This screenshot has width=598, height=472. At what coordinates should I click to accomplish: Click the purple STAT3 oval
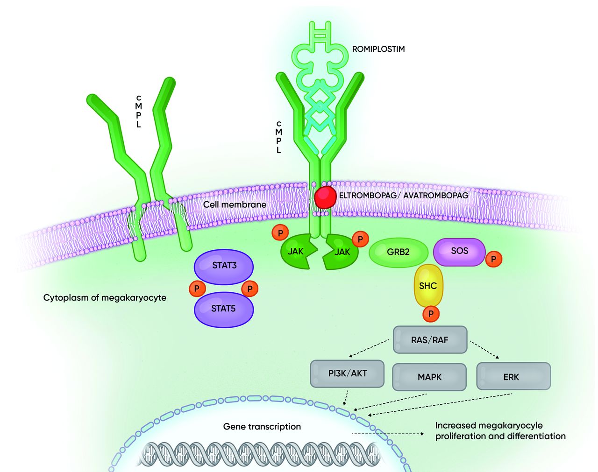tap(224, 266)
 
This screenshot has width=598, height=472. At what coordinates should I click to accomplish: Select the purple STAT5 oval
tap(224, 309)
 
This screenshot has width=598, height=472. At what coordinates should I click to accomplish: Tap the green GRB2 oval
tap(398, 252)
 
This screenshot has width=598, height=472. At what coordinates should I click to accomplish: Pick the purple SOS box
tap(459, 251)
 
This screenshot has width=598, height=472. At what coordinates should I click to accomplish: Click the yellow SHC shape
tap(428, 285)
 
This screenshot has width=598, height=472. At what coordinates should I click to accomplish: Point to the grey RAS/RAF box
tap(430, 339)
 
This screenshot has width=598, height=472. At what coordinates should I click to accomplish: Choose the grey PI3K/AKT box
tap(347, 373)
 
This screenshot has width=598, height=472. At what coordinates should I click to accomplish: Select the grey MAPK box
tap(430, 376)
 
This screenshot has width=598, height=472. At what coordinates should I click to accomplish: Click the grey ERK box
tap(513, 376)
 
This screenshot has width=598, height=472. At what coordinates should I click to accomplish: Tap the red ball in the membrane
tap(325, 197)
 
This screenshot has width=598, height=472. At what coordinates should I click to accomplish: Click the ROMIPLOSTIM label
tap(378, 49)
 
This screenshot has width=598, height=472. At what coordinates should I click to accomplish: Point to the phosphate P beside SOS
tap(493, 259)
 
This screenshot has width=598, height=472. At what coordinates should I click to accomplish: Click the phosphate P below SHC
tap(431, 314)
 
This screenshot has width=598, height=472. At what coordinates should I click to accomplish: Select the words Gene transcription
tap(262, 426)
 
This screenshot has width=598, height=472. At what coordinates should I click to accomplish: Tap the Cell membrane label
tap(235, 204)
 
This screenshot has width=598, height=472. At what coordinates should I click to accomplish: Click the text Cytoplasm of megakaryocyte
tap(105, 297)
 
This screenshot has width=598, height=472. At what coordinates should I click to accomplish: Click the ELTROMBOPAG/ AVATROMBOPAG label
tap(403, 195)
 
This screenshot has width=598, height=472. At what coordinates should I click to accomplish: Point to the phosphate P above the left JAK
tap(280, 232)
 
